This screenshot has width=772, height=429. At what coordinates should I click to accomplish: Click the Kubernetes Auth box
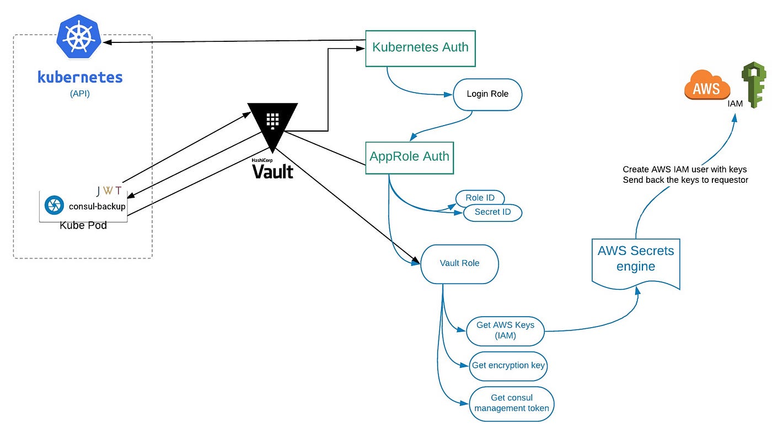(x=420, y=47)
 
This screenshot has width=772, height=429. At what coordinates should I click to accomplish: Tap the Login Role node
(x=487, y=94)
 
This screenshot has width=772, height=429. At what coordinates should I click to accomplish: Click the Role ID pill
(x=480, y=198)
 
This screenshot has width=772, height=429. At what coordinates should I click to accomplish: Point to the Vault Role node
(x=459, y=264)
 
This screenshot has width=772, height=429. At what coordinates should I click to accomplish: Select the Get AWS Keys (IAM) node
(x=505, y=330)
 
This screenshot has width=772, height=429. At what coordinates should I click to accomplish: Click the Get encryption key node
(x=508, y=366)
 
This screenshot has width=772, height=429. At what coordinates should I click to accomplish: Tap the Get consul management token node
(x=511, y=403)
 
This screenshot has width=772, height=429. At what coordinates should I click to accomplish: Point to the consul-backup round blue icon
(x=54, y=206)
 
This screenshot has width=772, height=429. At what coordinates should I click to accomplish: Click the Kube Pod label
(x=83, y=225)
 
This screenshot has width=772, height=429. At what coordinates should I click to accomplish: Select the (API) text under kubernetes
(x=80, y=94)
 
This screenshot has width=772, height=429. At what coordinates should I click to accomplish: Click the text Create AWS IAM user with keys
(x=684, y=170)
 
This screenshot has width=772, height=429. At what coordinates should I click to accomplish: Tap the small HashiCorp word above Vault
(x=262, y=160)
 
